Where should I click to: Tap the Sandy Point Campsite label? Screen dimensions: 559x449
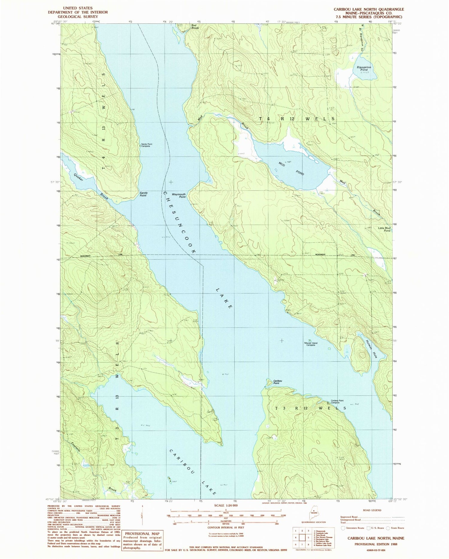(147, 145)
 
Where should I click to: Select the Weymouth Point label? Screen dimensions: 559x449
(179, 195)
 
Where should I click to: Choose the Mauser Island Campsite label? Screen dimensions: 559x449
(311, 344)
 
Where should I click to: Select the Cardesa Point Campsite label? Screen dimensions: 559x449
(337, 402)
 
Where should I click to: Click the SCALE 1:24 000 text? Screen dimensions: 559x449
(226, 505)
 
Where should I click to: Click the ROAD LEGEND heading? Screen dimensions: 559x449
(373, 510)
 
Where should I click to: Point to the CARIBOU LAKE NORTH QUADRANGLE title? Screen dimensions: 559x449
(369, 9)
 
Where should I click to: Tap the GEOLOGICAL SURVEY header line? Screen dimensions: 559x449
(78, 16)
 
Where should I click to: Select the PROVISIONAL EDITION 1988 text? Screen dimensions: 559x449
(376, 544)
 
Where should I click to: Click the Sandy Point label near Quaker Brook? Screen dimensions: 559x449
(143, 194)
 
